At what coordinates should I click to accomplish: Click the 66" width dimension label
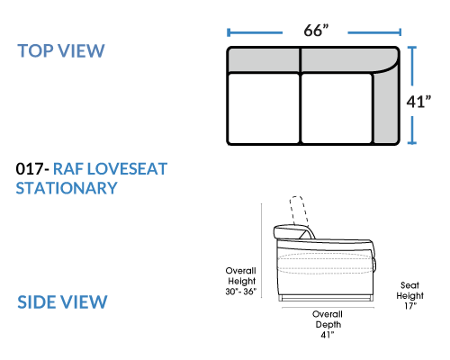click(x=316, y=31)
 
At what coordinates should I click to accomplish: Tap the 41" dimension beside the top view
click(x=418, y=102)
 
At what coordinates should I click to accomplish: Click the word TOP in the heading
click(x=36, y=50)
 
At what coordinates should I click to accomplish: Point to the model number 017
click(x=30, y=168)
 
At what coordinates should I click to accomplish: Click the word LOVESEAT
click(x=127, y=168)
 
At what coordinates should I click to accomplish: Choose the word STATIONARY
click(x=67, y=188)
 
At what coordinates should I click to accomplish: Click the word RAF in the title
click(x=68, y=168)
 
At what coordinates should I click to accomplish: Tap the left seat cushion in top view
click(x=264, y=108)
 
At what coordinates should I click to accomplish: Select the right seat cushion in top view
click(x=337, y=108)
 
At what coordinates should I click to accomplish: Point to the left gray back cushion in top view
click(x=264, y=60)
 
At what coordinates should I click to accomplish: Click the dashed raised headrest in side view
click(x=300, y=210)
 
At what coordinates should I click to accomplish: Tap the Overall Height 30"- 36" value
click(x=241, y=292)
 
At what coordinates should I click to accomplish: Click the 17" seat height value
click(x=410, y=306)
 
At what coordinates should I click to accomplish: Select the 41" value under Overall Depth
click(x=328, y=335)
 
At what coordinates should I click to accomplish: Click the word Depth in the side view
click(x=328, y=325)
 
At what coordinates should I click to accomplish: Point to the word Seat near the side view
click(x=409, y=285)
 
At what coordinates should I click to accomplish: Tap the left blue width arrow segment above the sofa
click(x=255, y=32)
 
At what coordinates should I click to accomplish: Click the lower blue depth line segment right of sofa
click(x=412, y=130)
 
